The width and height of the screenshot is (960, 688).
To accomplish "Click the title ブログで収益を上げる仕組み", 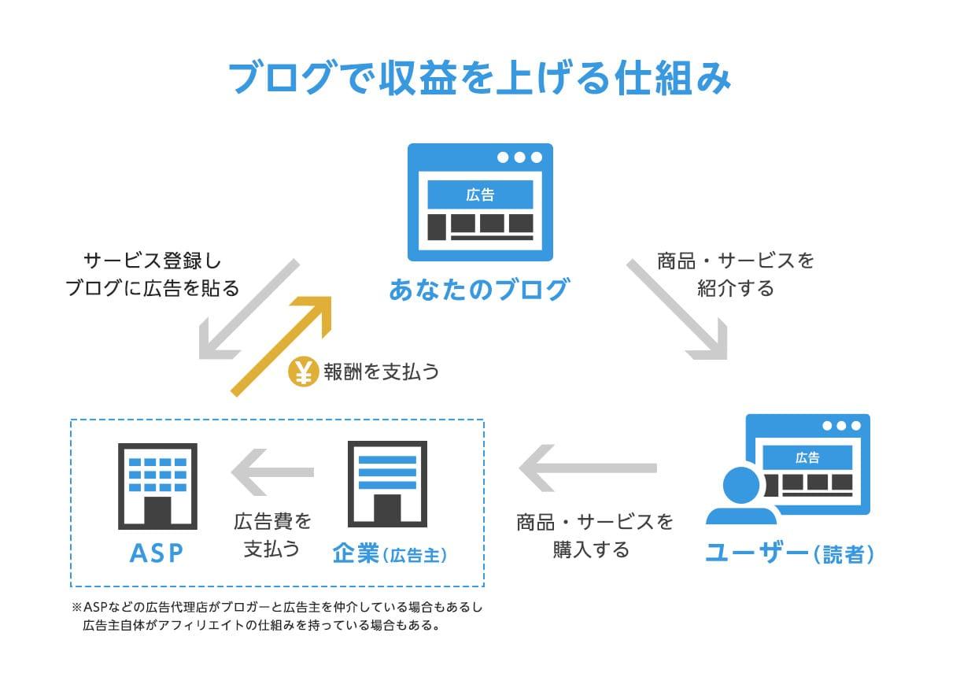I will [x=479, y=79].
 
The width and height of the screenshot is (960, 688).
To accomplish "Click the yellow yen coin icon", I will [x=303, y=372].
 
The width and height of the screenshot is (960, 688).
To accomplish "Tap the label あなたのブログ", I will [x=478, y=290].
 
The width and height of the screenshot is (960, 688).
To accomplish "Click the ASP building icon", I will [x=157, y=485].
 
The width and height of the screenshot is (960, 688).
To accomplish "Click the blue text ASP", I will [x=157, y=553].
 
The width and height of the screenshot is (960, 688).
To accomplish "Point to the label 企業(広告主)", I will [x=390, y=554].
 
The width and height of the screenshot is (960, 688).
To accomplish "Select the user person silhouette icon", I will [x=740, y=497].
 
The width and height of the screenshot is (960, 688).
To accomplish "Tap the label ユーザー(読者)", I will [x=788, y=553].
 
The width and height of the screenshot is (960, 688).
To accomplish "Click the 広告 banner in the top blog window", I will [x=480, y=194].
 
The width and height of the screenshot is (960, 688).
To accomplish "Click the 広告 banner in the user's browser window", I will [x=807, y=457].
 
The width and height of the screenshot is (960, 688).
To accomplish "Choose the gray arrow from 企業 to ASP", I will [x=271, y=472].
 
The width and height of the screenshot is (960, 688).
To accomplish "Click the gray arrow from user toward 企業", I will [x=587, y=468].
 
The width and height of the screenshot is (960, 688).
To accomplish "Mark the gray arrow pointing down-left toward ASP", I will [x=248, y=309].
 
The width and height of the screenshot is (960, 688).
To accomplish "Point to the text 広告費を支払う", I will [x=272, y=534].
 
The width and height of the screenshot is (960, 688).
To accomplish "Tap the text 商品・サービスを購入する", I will [x=595, y=535].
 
